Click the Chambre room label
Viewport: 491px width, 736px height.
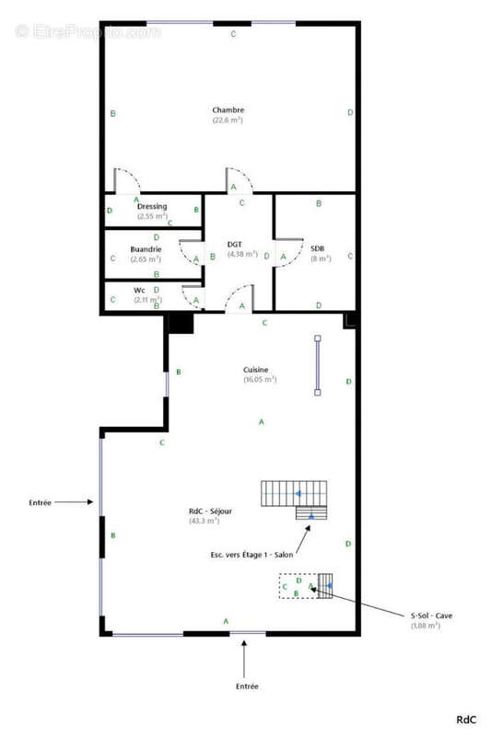pos(228,109)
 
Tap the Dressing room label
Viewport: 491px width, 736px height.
pos(152,206)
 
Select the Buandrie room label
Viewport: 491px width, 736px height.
pos(146,249)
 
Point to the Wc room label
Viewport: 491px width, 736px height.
pos(139,290)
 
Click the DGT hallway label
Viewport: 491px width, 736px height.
pos(235,244)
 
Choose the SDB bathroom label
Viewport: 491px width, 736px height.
pos(317,248)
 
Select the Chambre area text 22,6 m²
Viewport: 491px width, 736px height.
pos(228,121)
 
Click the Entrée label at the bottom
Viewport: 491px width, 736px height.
pos(246,686)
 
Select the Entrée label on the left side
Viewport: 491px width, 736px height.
pos(40,502)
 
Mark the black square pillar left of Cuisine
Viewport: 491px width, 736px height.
pos(180,323)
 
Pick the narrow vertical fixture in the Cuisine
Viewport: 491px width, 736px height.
pos(318,365)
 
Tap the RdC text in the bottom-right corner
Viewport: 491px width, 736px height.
pos(467,719)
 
